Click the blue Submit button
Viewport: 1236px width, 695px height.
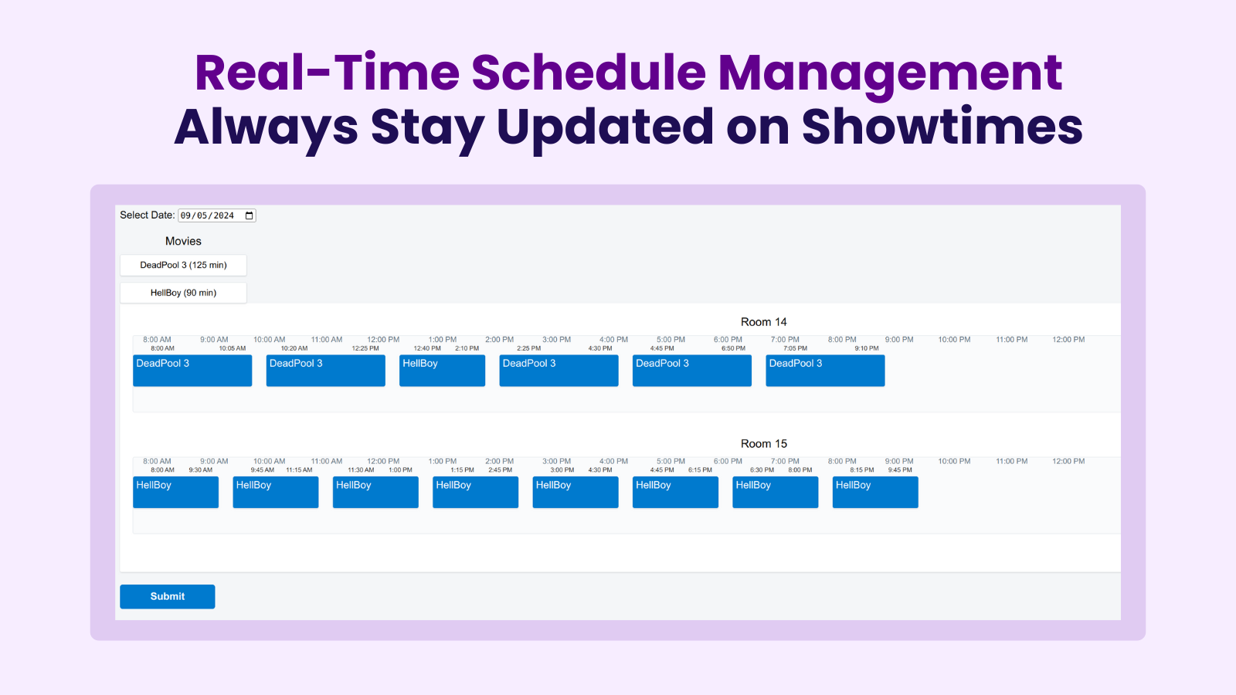click(167, 596)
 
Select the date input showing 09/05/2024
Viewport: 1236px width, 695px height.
click(209, 215)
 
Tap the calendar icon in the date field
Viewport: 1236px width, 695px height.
click(250, 215)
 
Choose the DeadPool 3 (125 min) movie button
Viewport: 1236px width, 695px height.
click(183, 265)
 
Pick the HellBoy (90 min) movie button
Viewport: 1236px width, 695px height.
click(183, 293)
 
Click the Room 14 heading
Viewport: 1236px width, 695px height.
click(763, 322)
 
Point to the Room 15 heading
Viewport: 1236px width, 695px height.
click(763, 444)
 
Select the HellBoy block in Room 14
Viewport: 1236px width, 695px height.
click(442, 371)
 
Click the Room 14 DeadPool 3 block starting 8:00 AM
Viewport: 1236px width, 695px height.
click(192, 371)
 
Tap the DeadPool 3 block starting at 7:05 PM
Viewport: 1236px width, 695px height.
click(825, 371)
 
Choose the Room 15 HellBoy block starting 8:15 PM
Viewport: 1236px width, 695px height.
click(875, 492)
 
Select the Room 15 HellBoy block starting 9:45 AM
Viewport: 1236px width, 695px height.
click(276, 492)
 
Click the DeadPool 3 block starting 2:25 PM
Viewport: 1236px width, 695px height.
click(559, 371)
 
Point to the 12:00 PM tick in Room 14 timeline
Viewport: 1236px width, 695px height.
click(383, 340)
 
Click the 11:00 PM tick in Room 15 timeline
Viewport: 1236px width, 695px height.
click(1011, 462)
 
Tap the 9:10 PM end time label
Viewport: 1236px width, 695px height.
click(866, 348)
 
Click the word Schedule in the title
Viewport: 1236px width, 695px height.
click(589, 73)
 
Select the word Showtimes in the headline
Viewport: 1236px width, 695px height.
click(942, 127)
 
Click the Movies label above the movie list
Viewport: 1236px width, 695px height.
click(183, 242)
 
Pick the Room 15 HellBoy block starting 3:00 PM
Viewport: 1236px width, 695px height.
click(576, 492)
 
